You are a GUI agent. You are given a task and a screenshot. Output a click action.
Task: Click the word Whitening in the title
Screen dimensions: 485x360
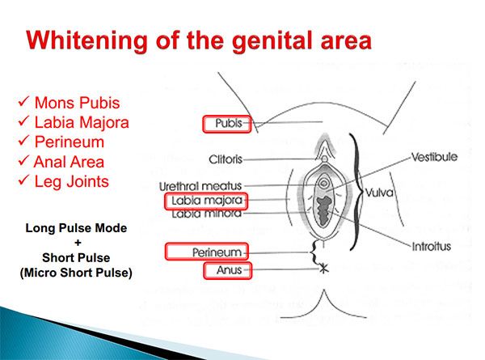click(86, 41)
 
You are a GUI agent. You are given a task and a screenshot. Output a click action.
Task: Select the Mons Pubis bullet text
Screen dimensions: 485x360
click(77, 103)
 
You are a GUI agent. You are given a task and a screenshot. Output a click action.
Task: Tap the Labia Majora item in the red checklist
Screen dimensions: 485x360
click(82, 123)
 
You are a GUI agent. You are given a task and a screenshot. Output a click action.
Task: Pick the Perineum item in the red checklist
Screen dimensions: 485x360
click(70, 142)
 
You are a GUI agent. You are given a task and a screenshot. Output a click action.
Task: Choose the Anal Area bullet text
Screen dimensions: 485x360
click(69, 162)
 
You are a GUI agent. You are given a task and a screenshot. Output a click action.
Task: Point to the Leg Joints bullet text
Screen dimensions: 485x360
click(72, 182)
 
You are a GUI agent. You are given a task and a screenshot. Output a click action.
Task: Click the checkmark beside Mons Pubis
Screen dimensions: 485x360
click(23, 101)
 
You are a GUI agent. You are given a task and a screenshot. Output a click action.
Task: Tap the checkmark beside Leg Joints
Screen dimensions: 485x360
click(23, 180)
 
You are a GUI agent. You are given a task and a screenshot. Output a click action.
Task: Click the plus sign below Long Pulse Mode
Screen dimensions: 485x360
click(78, 243)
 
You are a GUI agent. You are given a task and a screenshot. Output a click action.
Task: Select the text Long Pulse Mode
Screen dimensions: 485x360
click(76, 228)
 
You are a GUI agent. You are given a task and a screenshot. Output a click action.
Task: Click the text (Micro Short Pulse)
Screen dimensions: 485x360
click(76, 273)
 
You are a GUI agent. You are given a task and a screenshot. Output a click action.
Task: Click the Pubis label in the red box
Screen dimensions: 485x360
click(229, 123)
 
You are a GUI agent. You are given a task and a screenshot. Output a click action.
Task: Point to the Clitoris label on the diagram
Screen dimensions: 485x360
click(226, 159)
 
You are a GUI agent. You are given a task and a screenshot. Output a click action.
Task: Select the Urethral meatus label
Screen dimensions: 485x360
click(200, 186)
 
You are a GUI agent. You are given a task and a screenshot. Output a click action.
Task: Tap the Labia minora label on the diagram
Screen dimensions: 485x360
click(207, 214)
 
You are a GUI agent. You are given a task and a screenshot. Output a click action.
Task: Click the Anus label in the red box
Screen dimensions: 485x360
click(230, 270)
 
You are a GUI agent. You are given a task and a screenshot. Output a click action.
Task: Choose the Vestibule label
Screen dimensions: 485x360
click(434, 157)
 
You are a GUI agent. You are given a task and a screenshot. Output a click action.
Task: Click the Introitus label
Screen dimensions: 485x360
click(432, 247)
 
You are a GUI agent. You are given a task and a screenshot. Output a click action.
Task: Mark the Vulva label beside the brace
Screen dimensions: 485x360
click(379, 193)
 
